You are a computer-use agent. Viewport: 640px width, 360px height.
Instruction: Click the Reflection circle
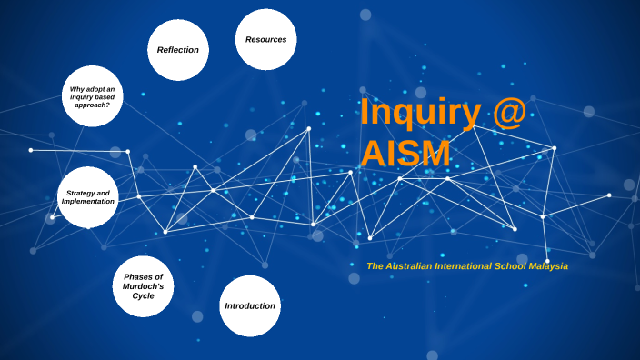pyautogui.click(x=178, y=50)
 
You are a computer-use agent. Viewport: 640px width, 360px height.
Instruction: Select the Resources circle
pyautogui.click(x=265, y=39)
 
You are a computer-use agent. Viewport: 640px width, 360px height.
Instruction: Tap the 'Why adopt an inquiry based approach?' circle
pyautogui.click(x=92, y=96)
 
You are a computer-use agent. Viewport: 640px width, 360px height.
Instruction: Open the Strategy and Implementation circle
pyautogui.click(x=88, y=197)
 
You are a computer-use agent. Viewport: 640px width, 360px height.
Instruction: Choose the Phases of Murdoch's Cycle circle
pyautogui.click(x=144, y=286)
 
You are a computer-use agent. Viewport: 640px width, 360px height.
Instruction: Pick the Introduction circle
pyautogui.click(x=250, y=306)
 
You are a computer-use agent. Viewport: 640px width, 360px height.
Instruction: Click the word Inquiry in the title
pyautogui.click(x=420, y=113)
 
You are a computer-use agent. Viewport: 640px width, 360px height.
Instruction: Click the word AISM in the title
pyautogui.click(x=405, y=154)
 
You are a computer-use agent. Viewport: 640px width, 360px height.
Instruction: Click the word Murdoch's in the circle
pyautogui.click(x=144, y=286)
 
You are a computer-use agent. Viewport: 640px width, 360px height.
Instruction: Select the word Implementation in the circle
pyautogui.click(x=88, y=201)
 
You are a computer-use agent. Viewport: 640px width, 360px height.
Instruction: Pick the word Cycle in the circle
pyautogui.click(x=144, y=296)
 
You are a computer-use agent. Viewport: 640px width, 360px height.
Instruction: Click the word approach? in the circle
pyautogui.click(x=92, y=105)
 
